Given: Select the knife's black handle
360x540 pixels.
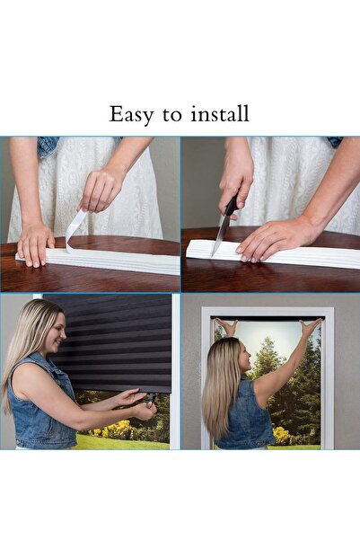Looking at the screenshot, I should pyautogui.click(x=232, y=205).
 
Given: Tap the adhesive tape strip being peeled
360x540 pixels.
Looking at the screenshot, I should pyautogui.click(x=75, y=228).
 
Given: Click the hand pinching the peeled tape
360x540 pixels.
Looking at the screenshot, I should pyautogui.click(x=101, y=190).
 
